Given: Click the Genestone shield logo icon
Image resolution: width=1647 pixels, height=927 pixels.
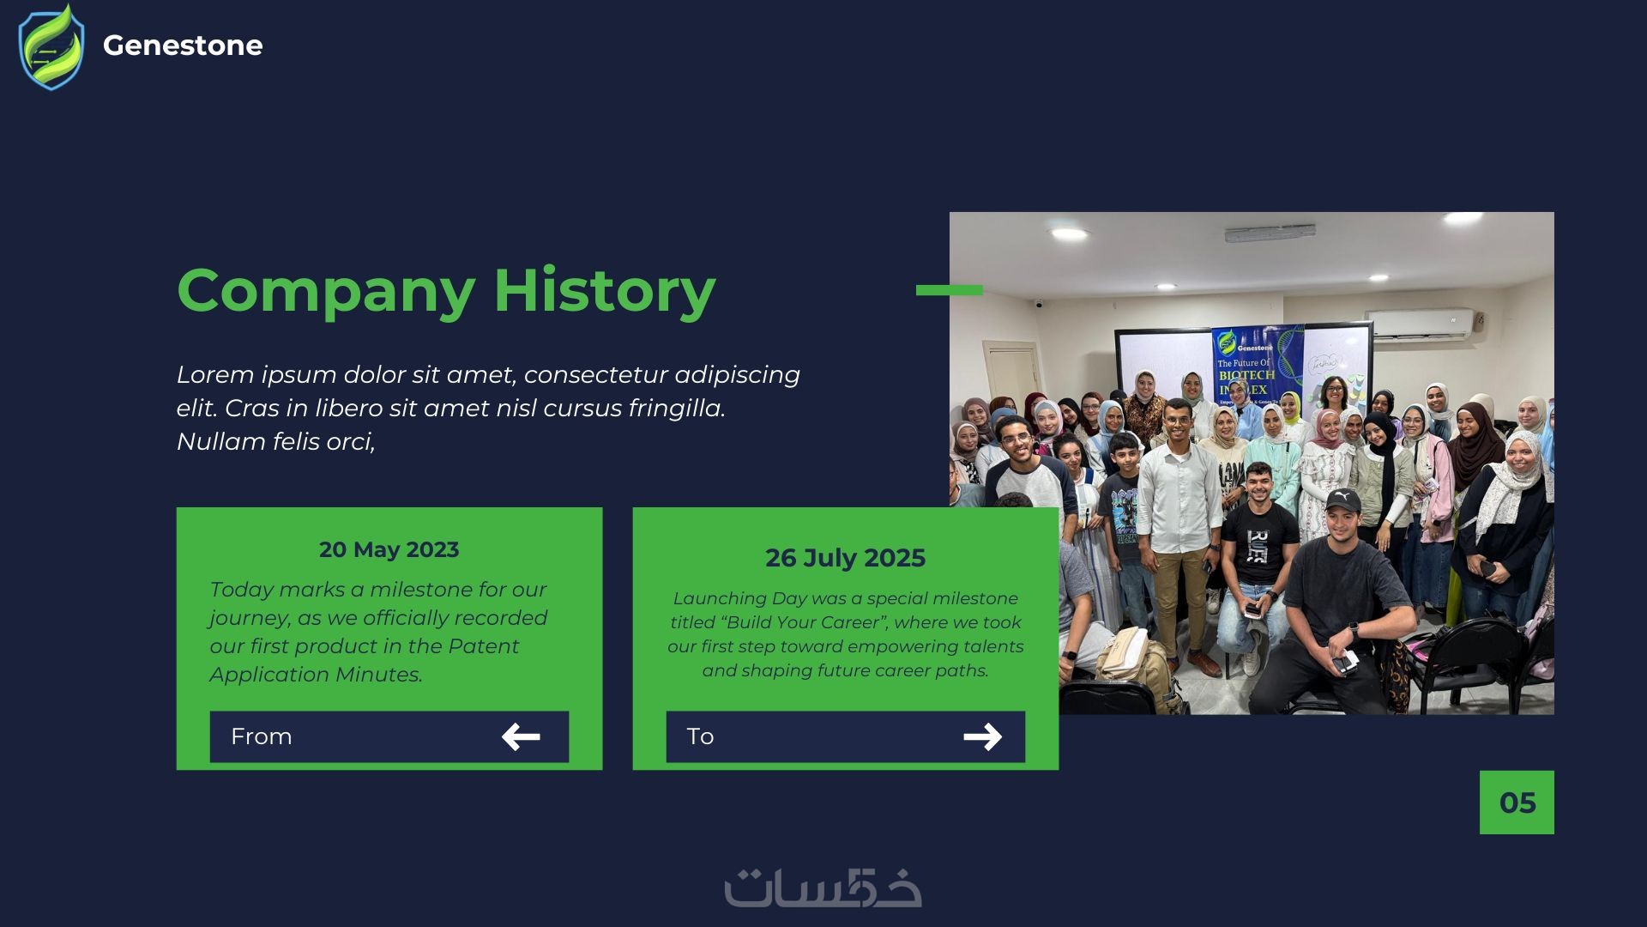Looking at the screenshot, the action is point(51,47).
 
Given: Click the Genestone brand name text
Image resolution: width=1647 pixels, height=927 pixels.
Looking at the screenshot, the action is point(183,45).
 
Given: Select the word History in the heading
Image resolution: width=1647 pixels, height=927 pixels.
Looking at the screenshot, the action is point(605,290).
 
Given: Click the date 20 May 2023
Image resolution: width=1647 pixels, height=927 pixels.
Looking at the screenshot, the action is point(389,549).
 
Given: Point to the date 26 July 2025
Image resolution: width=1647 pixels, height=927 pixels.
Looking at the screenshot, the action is point(845,558).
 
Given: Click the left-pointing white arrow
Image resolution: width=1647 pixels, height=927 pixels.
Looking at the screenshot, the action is point(521,736).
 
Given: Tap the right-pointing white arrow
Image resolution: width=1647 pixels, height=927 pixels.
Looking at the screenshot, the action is point(982,736).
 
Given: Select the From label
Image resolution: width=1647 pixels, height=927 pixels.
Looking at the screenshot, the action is point(262,736).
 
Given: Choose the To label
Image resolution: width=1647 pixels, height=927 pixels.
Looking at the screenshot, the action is point(700,736).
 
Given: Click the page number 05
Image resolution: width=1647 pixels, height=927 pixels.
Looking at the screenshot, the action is point(1517,803).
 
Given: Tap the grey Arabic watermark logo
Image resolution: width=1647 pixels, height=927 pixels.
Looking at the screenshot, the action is point(823,888).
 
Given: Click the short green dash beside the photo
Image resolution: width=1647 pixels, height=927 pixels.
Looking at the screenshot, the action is point(949,290).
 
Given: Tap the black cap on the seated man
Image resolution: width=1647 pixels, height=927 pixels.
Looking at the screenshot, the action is point(1342,500).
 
